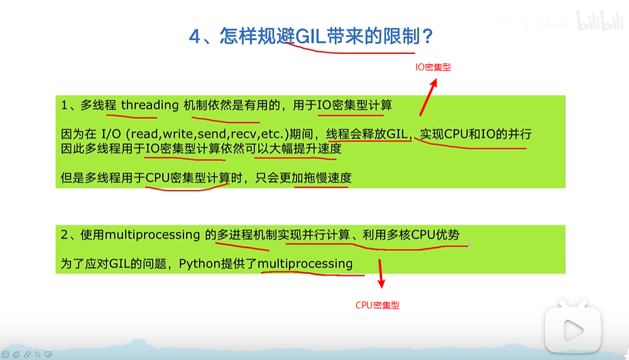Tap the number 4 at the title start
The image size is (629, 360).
[194, 36]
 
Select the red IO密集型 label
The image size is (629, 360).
[433, 67]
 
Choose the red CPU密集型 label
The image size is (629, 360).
[378, 305]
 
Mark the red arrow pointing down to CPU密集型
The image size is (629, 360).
[380, 276]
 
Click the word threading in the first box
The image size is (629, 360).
[150, 105]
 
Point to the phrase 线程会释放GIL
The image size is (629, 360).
[369, 134]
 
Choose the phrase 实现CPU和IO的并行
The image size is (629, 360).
[476, 134]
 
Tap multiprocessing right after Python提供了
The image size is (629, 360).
[305, 264]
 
